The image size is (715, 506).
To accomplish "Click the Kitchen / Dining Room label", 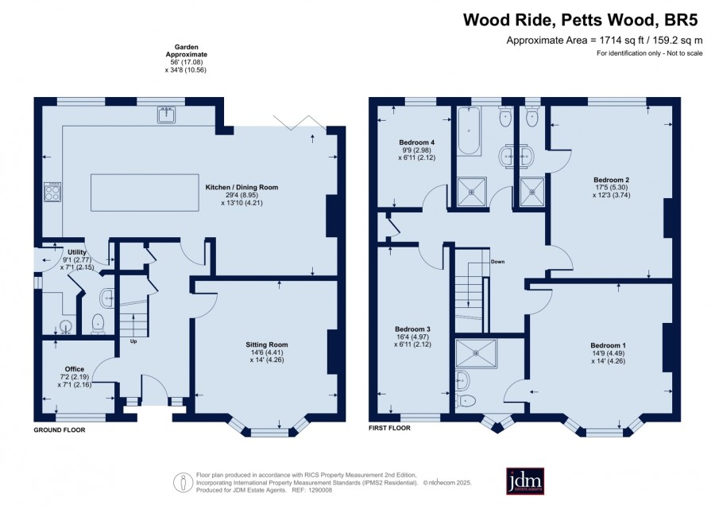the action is click(x=242, y=187).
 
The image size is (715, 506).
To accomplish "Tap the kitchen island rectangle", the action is click(x=145, y=193).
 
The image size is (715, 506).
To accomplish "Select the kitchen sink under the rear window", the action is click(x=167, y=115).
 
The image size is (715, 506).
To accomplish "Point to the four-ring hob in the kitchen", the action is click(x=52, y=192).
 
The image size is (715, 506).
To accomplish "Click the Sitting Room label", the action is click(x=267, y=344).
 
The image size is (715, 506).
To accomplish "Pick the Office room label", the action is click(x=75, y=369).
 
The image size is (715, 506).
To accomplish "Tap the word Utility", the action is click(x=76, y=252).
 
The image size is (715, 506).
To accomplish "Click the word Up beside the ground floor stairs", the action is click(x=133, y=341).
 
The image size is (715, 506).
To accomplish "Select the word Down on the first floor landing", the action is click(x=497, y=262).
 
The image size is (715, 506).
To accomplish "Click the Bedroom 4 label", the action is click(x=417, y=142).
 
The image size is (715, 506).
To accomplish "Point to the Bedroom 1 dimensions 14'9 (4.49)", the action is click(x=608, y=353).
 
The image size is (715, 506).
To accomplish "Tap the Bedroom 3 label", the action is click(x=412, y=329).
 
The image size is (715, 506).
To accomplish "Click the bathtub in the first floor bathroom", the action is click(x=468, y=131).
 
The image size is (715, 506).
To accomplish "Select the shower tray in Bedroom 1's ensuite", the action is click(x=477, y=353).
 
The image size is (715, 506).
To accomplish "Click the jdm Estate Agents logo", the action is click(x=525, y=481).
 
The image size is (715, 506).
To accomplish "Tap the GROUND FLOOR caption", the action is click(x=60, y=430).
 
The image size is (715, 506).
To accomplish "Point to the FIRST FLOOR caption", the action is click(x=390, y=428).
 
